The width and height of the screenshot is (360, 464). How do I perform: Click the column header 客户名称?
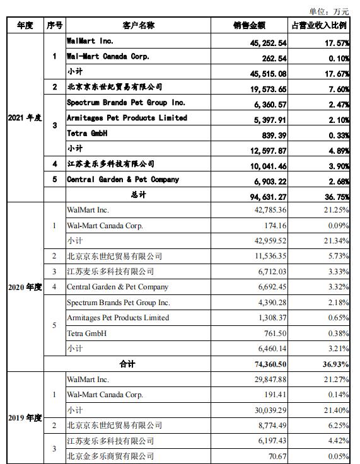(138, 26)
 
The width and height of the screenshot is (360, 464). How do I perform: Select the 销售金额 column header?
(248, 26)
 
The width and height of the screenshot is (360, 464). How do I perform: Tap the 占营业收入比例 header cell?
(320, 26)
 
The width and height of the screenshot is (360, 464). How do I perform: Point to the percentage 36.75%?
(335, 195)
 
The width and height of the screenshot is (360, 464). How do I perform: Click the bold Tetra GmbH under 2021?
(87, 134)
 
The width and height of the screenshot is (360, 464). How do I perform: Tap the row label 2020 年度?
(25, 287)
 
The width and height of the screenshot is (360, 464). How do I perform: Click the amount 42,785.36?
(269, 211)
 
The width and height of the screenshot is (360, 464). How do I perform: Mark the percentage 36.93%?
(335, 364)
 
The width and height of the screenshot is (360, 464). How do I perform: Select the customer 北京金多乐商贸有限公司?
(110, 456)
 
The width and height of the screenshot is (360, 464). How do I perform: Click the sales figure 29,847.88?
(269, 380)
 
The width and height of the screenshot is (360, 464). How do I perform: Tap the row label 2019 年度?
(25, 417)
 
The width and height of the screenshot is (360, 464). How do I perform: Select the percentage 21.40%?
(335, 410)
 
